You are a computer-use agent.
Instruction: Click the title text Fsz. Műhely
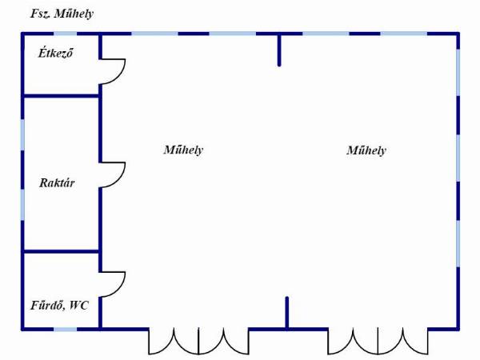62,14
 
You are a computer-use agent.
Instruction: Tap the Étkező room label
56,53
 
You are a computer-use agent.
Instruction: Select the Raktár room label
57,182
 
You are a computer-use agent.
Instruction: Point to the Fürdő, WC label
60,306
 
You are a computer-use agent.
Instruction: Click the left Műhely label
183,150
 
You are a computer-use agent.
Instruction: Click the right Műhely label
366,150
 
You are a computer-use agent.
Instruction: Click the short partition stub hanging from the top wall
279,50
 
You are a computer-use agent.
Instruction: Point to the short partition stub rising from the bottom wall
287,313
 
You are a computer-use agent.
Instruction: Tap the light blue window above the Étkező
66,34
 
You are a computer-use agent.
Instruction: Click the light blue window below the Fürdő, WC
66,330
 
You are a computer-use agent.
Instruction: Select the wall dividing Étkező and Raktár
62,96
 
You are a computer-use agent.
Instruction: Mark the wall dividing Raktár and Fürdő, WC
62,251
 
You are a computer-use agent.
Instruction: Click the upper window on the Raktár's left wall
22,135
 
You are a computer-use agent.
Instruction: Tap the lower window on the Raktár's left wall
22,205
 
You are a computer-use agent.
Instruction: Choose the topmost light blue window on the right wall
458,73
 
